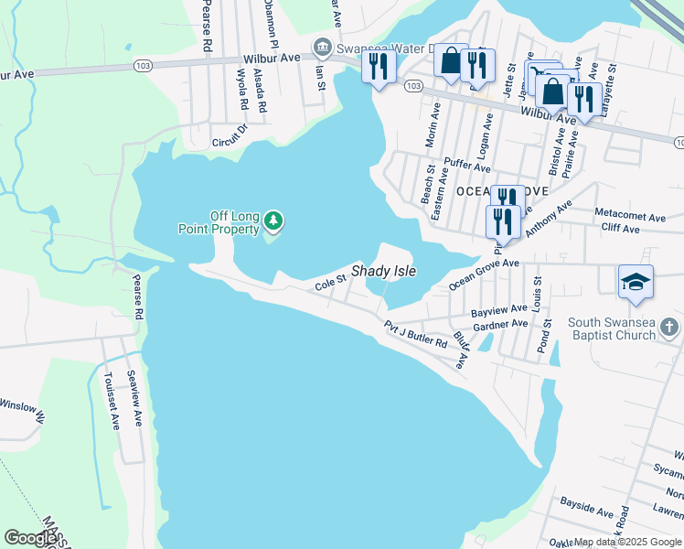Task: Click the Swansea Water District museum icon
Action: point(322,47)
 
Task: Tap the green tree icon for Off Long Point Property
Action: point(273,221)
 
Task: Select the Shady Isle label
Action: point(384,273)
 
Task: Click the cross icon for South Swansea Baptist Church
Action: point(669,328)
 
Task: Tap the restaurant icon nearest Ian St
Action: point(378,66)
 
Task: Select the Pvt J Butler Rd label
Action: point(415,334)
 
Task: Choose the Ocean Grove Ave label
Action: point(484,274)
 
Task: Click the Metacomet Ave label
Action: point(630,217)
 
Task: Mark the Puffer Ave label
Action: point(466,166)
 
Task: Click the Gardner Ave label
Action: point(500,324)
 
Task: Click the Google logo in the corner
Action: point(30,537)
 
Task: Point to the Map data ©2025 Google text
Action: point(627,543)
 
